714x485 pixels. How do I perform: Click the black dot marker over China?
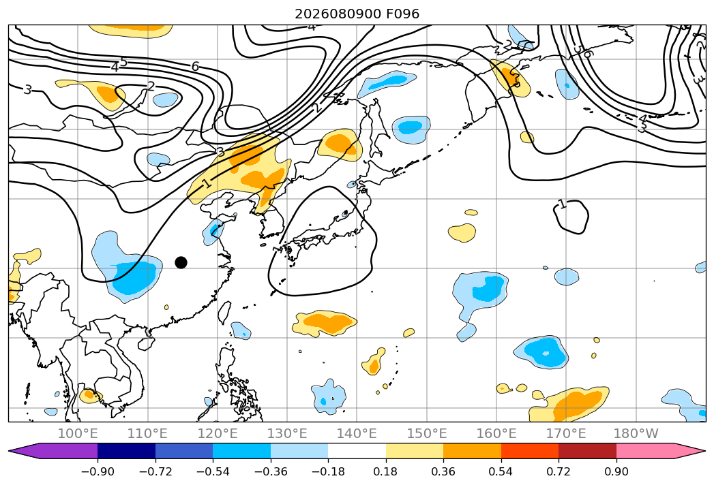pos(181,262)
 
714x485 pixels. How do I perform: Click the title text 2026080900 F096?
pos(357,14)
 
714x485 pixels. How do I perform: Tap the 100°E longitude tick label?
pos(78,434)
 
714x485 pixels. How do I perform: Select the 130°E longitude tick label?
pos(287,434)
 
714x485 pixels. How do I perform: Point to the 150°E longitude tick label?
pos(427,434)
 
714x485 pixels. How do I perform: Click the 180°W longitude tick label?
pos(636,434)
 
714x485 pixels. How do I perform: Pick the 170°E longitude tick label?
pos(566,434)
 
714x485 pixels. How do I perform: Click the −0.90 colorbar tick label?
pos(98,471)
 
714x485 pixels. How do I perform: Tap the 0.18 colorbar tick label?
pos(386,471)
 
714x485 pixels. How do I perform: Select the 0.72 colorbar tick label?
pos(559,471)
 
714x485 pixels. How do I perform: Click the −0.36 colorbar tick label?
pos(271,471)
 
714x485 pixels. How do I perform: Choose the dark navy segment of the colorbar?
pos(127,451)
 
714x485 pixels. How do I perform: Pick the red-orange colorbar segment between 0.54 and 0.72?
pos(530,451)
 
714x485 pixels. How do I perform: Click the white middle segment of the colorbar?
pos(357,451)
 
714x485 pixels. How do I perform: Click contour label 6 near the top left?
pos(195,67)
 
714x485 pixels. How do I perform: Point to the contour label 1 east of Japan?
pos(563,204)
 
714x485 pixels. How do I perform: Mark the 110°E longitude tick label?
pos(147,434)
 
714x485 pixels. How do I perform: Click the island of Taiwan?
pos(224,312)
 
